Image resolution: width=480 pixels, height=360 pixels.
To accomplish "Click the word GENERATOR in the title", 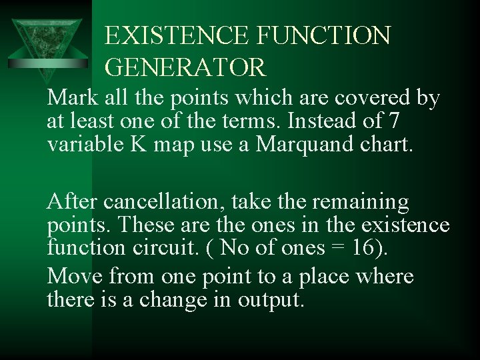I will [x=185, y=67].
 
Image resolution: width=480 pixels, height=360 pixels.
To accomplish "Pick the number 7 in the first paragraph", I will [x=395, y=123].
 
